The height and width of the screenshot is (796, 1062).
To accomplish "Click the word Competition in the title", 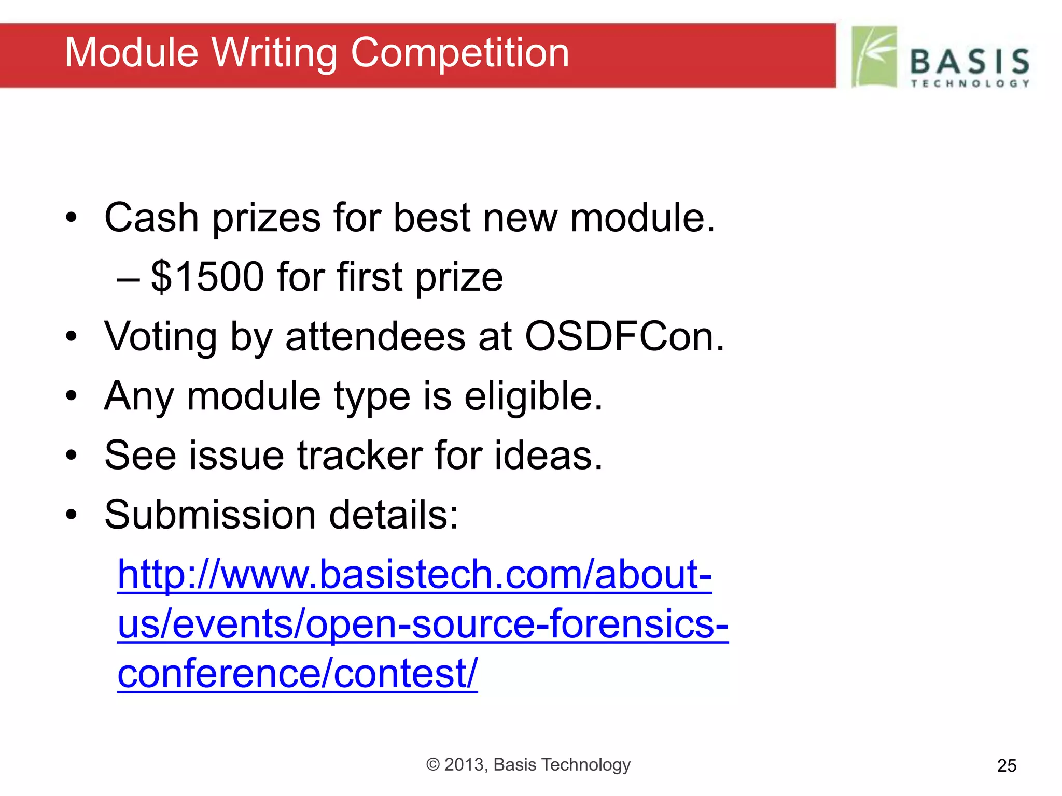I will pos(460,53).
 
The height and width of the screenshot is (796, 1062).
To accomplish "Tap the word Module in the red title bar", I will pos(132,53).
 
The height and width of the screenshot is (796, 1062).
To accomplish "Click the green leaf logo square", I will pos(874,56).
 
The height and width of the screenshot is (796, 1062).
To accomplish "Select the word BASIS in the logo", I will pos(970,62).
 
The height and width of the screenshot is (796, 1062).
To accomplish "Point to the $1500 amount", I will pos(207,277).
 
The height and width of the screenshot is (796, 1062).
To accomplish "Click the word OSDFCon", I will pos(624,337).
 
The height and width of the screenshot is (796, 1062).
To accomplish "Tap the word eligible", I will pos(533,396).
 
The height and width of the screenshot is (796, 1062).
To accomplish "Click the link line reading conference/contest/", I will pos(297,673).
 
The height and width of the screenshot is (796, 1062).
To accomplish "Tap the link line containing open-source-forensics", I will pos(423,624).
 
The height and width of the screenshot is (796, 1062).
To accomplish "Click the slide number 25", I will pos(1007,765).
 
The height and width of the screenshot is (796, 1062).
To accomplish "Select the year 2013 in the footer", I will pos(464,765).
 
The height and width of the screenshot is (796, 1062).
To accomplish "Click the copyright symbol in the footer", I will pos(432,765).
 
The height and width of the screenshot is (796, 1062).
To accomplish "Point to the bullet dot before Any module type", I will pos(71,396).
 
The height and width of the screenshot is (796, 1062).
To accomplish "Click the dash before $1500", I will pos(128,278).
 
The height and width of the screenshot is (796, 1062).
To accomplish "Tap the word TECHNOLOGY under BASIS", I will pos(970,83).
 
